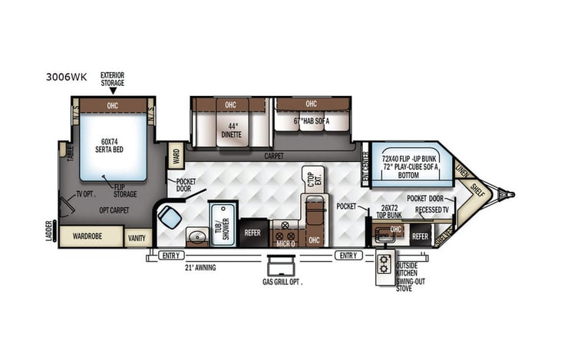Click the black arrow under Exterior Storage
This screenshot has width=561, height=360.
[x=113, y=91]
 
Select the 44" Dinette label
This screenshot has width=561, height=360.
[x=231, y=130]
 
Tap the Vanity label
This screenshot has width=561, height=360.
[x=137, y=238]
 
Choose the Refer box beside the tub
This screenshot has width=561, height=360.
[x=253, y=233]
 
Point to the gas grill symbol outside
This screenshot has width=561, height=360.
[x=282, y=267]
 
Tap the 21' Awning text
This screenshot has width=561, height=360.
[x=200, y=267]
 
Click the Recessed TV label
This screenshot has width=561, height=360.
[x=431, y=209]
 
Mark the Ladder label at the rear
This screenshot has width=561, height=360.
[x=50, y=230]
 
